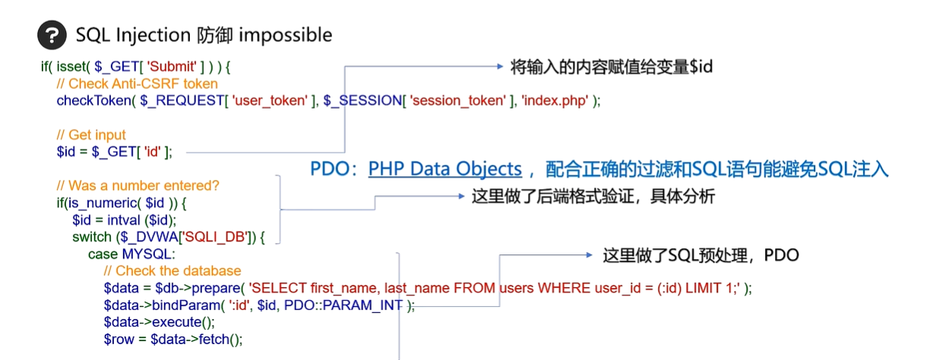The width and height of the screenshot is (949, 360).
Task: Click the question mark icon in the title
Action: [52, 35]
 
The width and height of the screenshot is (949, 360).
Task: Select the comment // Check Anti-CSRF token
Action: [138, 84]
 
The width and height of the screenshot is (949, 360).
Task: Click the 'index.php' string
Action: [555, 100]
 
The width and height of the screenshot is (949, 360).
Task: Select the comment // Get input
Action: [91, 135]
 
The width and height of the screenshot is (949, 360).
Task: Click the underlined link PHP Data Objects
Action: [445, 169]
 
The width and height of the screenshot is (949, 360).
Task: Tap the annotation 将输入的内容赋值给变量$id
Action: [612, 67]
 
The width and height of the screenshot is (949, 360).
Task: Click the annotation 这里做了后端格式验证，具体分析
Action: [593, 197]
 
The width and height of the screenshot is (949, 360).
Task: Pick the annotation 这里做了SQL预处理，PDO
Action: [701, 255]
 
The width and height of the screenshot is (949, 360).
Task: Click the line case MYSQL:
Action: [132, 254]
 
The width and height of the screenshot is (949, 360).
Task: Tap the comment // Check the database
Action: [172, 271]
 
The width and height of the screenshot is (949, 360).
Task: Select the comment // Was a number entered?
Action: [138, 186]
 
